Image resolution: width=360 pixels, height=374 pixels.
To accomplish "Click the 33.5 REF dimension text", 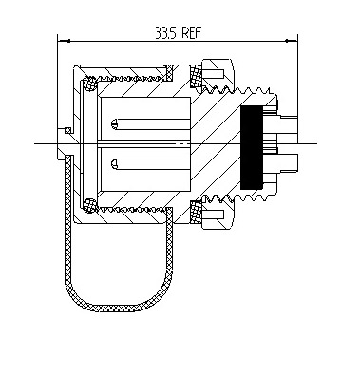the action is pos(178,32).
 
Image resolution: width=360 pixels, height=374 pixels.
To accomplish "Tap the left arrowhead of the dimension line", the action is pos(64,41).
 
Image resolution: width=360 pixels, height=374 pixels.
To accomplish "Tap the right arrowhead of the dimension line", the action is pos(292,41).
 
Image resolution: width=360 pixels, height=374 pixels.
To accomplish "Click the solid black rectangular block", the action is pos(252,147).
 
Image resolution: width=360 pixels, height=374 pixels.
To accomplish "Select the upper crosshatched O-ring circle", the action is pos(89,84).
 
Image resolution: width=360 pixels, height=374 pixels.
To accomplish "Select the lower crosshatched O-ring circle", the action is pos(89,205).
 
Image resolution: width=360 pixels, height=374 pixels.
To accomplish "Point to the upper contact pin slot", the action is pos(151,124).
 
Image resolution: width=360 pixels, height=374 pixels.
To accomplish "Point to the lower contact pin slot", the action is pos(151,163).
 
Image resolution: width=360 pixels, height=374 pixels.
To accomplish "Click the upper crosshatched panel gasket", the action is pos(196,76).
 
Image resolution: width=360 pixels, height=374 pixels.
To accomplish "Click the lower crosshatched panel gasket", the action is pos(196,212).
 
